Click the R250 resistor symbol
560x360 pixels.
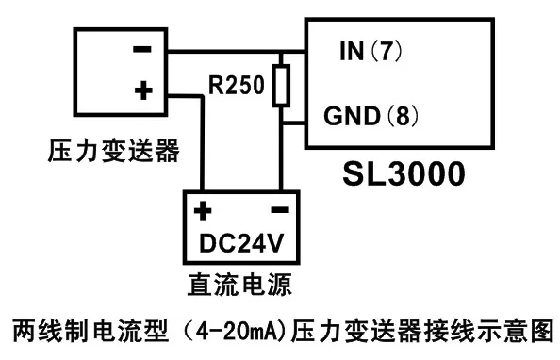(281, 86)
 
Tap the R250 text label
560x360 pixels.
(237, 85)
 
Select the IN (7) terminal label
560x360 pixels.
(371, 51)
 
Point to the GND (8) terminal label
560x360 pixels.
(371, 116)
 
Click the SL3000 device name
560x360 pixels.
(404, 173)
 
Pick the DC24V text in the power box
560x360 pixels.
(241, 243)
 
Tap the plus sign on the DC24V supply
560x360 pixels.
(203, 210)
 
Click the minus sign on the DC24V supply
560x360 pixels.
(280, 209)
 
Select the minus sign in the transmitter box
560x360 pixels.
(142, 49)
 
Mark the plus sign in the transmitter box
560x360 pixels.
(143, 90)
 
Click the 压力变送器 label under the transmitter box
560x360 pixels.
(113, 151)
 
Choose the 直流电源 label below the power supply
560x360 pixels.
(240, 285)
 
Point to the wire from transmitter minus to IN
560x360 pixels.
(236, 52)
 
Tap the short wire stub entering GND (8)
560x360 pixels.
(293, 123)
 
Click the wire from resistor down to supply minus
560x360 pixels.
(281, 149)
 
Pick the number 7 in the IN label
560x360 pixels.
(387, 51)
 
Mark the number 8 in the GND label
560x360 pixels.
(403, 116)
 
